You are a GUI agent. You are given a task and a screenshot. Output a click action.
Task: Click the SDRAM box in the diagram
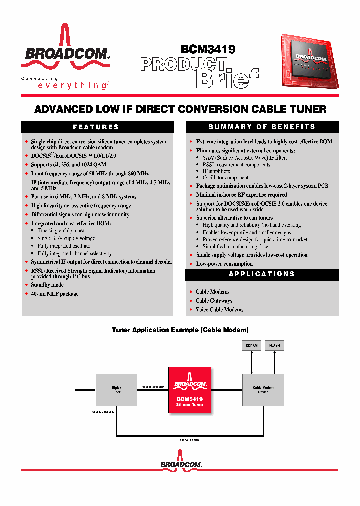coord(251,345)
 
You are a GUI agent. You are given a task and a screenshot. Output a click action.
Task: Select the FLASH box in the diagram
coord(274,345)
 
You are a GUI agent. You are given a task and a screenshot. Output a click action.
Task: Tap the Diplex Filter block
coord(116,390)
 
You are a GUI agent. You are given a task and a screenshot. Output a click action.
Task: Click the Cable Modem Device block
coord(263,390)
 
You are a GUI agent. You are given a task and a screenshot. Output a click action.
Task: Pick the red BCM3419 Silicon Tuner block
coord(189,390)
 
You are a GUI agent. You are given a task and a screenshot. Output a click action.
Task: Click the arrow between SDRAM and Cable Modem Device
coord(251,362)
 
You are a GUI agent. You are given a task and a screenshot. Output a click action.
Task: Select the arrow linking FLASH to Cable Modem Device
coord(274,362)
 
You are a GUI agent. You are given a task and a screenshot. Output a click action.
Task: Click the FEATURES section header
coord(96,127)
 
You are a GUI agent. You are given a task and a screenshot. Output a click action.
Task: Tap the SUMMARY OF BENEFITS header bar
coord(262,127)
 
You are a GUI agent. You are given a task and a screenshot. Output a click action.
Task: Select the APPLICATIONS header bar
coord(262,274)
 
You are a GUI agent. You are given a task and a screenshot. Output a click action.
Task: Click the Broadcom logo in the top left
coord(65,47)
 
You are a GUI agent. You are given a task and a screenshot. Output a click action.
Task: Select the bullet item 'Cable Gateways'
coord(214,301)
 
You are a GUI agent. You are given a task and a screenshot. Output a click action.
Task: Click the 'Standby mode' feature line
coord(47,285)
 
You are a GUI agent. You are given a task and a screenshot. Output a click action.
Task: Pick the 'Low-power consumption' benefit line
coord(224,264)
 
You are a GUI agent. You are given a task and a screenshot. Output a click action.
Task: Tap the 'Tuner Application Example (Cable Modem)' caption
coord(180,330)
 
